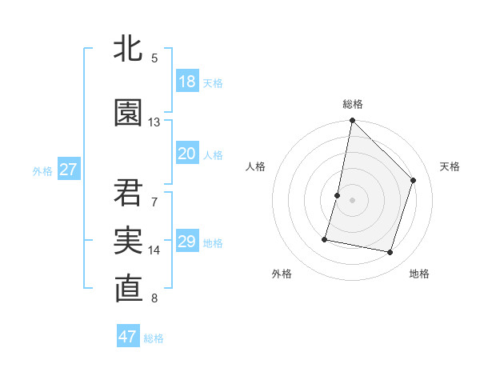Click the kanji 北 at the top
coord(129,48)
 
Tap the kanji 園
coord(129,113)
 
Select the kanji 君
coord(129,192)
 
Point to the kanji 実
coord(129,241)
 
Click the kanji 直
coord(129,290)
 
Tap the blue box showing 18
coord(186,82)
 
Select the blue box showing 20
coord(186,154)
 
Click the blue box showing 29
coord(186,242)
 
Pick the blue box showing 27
coord(68,170)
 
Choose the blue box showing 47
coord(128,337)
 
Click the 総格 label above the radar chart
coord(353,104)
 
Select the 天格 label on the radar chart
coord(450,166)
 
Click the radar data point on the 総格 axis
coord(352,121)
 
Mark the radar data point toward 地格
coord(390,253)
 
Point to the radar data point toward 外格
coord(325,238)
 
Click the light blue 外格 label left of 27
coord(42,170)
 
